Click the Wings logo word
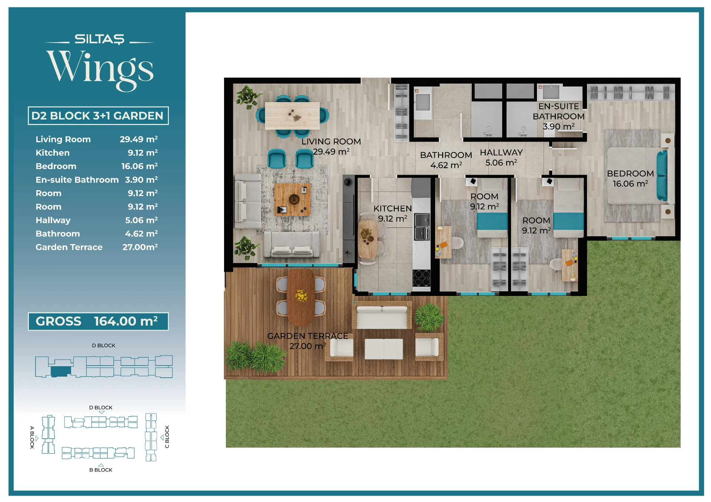[x=100, y=70]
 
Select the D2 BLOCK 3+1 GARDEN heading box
[x=98, y=116]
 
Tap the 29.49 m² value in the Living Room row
[x=138, y=139]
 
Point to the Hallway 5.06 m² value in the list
[x=141, y=220]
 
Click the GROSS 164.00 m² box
[x=98, y=321]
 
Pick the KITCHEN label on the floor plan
[x=393, y=209]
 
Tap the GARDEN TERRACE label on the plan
[x=308, y=336]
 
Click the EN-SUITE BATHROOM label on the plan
[x=558, y=111]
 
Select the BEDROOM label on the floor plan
[x=630, y=173]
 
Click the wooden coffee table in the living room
[x=293, y=200]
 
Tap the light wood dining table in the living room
[x=292, y=116]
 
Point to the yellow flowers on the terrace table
[x=301, y=296]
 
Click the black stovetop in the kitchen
[x=422, y=278]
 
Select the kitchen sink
[x=422, y=227]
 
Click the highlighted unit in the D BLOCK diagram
[x=61, y=371]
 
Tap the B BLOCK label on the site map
[x=101, y=470]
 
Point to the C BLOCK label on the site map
[x=167, y=437]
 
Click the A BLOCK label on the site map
[x=32, y=438]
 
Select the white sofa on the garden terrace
[x=381, y=315]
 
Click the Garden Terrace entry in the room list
[x=69, y=247]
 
